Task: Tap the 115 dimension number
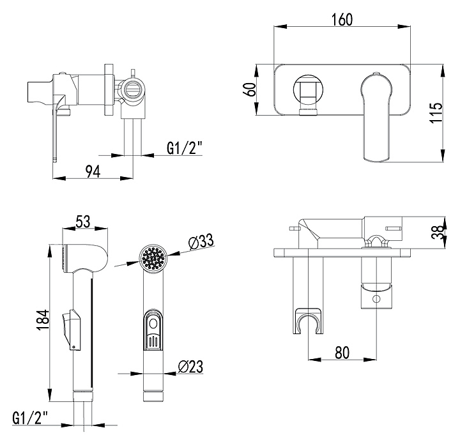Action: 438,113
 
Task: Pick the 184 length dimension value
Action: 43,319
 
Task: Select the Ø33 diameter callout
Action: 201,242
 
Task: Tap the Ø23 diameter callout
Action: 191,366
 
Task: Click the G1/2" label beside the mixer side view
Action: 184,148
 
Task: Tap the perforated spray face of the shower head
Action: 153,259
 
